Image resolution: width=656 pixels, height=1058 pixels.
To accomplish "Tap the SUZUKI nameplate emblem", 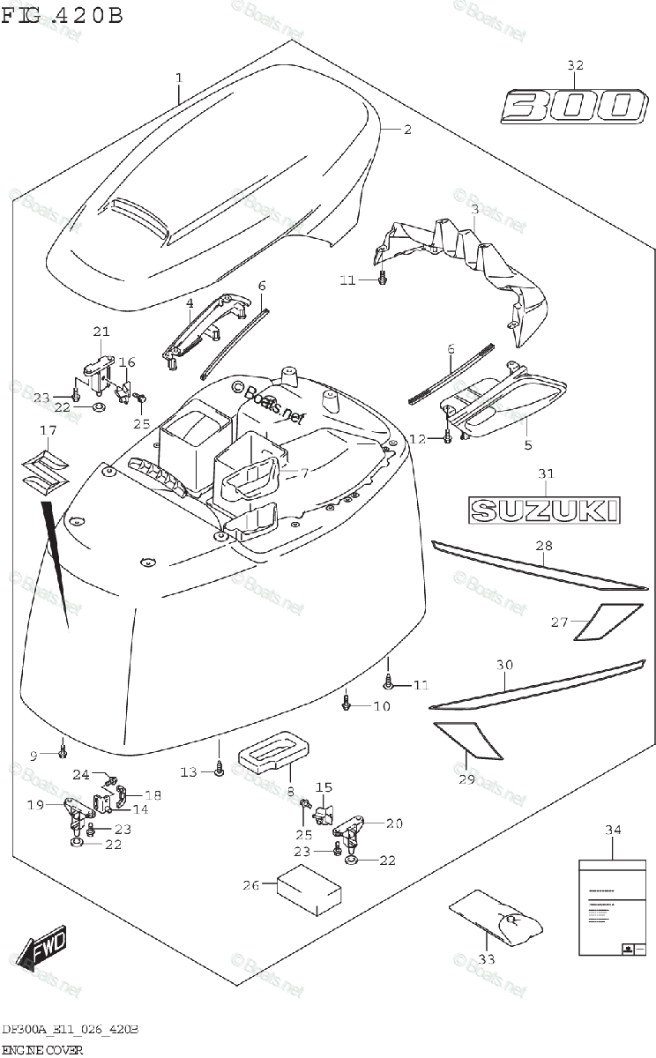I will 543,510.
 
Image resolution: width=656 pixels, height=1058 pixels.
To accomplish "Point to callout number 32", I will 575,65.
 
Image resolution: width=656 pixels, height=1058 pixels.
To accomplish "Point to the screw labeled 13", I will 219,771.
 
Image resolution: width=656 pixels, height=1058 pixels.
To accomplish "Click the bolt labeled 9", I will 63,751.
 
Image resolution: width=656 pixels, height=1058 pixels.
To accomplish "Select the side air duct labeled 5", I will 507,400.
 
